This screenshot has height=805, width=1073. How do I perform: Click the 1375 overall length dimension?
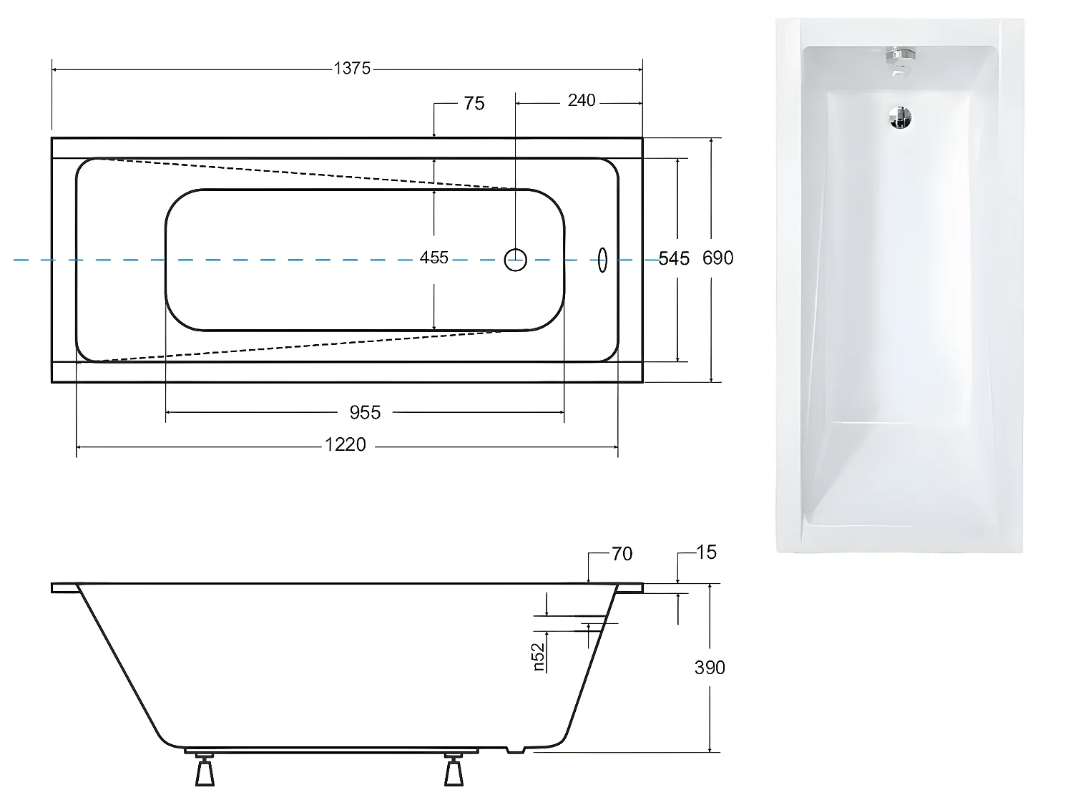pos(352,69)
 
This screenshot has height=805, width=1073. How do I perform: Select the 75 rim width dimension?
pos(474,104)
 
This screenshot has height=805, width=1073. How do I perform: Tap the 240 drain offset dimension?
pos(581,101)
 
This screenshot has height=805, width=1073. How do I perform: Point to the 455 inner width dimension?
pos(433,258)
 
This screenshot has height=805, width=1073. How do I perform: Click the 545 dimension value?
pos(674,258)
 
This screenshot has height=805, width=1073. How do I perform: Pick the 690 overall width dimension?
pos(717,258)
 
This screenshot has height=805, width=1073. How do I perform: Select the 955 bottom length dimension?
pos(365,413)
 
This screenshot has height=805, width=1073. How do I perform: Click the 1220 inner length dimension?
pos(346,445)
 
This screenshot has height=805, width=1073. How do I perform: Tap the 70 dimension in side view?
pos(622,554)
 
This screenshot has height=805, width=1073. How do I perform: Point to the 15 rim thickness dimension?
pos(705,552)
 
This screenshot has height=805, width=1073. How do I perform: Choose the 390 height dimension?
pos(709,668)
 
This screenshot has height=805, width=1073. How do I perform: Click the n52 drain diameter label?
pos(539,657)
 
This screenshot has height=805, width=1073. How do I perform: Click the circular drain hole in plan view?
pos(516,259)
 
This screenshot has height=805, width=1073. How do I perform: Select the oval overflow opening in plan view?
pos(602,259)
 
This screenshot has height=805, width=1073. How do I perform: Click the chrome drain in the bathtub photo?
pos(901,118)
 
